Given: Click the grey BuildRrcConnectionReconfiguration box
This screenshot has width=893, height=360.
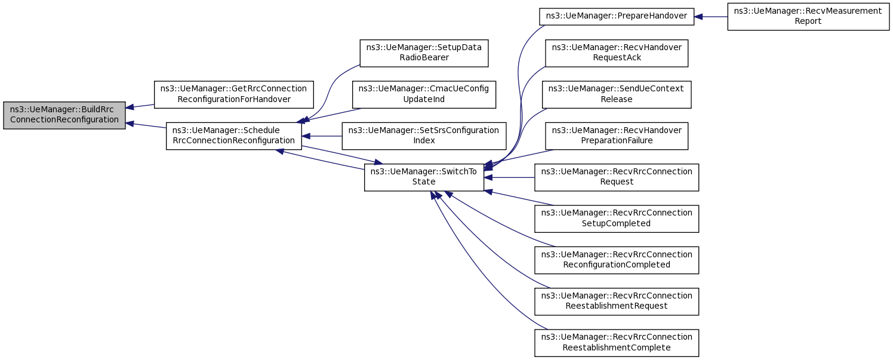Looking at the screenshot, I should click(64, 115).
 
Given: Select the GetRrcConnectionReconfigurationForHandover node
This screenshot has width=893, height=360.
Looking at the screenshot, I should click(234, 94).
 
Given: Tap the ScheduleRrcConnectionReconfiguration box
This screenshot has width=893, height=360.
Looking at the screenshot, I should click(233, 136).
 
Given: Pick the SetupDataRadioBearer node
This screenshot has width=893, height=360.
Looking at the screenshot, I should click(424, 53).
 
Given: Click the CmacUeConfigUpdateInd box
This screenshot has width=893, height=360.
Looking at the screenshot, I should click(424, 94).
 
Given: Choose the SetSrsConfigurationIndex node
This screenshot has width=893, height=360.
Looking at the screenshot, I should click(424, 136).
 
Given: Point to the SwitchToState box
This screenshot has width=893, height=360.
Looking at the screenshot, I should click(424, 177).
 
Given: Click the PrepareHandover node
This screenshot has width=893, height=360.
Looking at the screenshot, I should click(617, 16).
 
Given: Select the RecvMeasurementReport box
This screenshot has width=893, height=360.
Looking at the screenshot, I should click(808, 16).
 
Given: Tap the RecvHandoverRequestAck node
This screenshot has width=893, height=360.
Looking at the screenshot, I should click(617, 53).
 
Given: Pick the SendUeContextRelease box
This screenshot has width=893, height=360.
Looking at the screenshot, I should click(617, 94).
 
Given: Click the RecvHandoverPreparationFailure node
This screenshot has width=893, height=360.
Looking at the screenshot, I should click(617, 136).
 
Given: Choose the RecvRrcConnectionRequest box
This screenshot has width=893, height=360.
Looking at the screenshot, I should click(617, 177).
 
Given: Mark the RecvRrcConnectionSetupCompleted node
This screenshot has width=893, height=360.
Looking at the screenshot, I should click(617, 219).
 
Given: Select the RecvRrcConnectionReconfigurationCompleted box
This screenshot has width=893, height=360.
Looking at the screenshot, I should click(617, 260).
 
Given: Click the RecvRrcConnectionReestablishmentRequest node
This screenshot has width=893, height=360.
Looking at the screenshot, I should click(617, 301).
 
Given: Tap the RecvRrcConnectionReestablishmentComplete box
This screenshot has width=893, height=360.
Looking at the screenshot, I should click(617, 343).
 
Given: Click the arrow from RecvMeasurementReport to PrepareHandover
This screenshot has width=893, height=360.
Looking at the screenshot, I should click(711, 17).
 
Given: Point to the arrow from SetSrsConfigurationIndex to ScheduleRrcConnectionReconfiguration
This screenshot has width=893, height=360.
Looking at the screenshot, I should click(322, 136).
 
